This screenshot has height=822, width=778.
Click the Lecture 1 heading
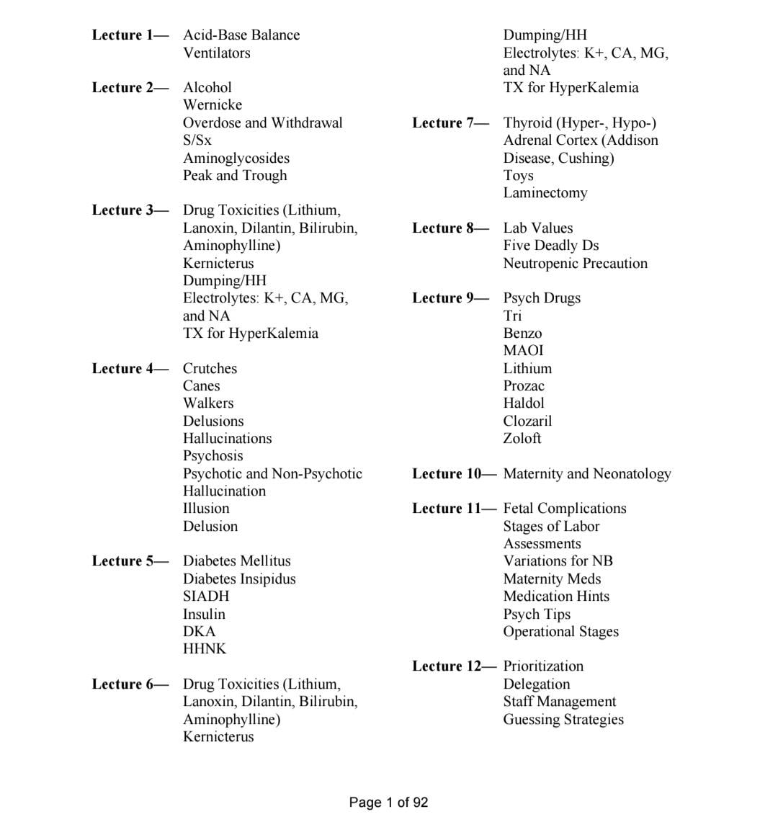click(130, 35)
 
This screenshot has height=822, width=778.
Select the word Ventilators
click(216, 53)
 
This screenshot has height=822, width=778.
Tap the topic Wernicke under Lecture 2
click(212, 104)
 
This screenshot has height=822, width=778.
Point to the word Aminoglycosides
click(236, 158)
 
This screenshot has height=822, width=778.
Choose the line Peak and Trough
click(234, 175)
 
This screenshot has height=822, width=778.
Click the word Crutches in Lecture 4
click(210, 368)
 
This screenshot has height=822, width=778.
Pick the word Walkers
click(207, 403)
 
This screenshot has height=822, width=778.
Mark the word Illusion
click(205, 508)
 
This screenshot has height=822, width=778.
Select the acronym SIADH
click(205, 596)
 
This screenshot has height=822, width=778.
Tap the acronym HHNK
click(204, 648)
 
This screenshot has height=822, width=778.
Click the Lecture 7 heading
click(450, 122)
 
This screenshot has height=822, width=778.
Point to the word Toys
click(518, 175)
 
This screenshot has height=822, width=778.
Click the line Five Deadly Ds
click(550, 245)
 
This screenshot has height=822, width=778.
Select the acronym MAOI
click(523, 350)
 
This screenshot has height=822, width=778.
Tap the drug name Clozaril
click(527, 421)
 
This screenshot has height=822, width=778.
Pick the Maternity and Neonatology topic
click(586, 473)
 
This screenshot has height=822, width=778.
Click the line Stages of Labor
click(551, 526)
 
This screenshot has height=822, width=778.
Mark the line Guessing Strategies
click(563, 719)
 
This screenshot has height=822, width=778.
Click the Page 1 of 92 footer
click(388, 802)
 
